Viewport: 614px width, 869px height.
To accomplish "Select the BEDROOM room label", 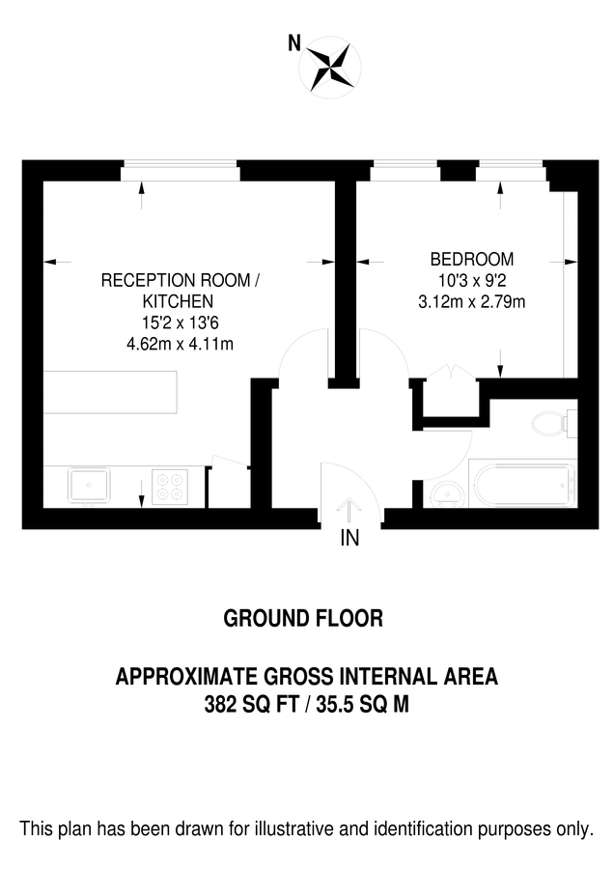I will point(471,260).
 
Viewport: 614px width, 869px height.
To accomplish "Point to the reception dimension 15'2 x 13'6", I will point(181,322).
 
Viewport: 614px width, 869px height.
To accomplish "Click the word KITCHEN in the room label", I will point(181,301).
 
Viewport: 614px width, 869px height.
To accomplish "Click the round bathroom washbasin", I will point(447,495).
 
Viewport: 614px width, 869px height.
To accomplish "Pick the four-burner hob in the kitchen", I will point(170,486).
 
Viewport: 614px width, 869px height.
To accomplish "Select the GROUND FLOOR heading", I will point(303,619).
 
